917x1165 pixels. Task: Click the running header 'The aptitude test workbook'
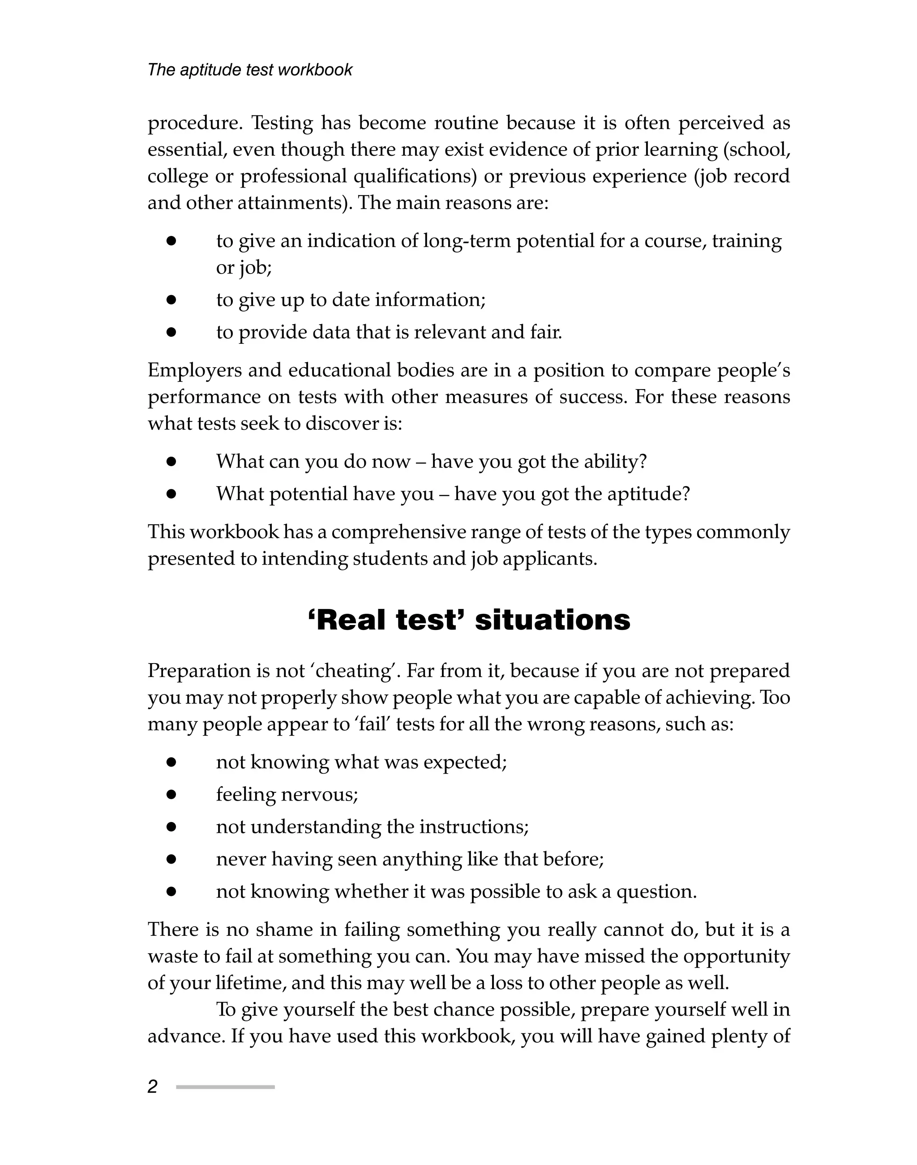click(250, 70)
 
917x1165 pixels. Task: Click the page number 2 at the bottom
click(153, 1087)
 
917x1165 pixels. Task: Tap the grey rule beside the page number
click(226, 1087)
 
